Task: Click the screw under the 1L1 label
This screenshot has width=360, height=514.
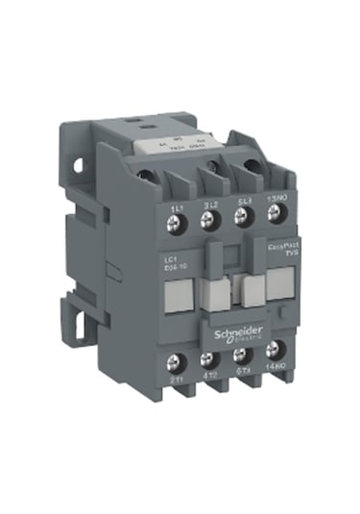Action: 175,220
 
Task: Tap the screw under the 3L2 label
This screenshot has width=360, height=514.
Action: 206,221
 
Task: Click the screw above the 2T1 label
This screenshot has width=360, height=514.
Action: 175,363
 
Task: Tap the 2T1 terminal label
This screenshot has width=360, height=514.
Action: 176,382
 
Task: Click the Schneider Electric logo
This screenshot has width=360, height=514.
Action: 236,327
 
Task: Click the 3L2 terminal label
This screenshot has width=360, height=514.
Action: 207,204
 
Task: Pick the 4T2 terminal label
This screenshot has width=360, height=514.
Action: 208,381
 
